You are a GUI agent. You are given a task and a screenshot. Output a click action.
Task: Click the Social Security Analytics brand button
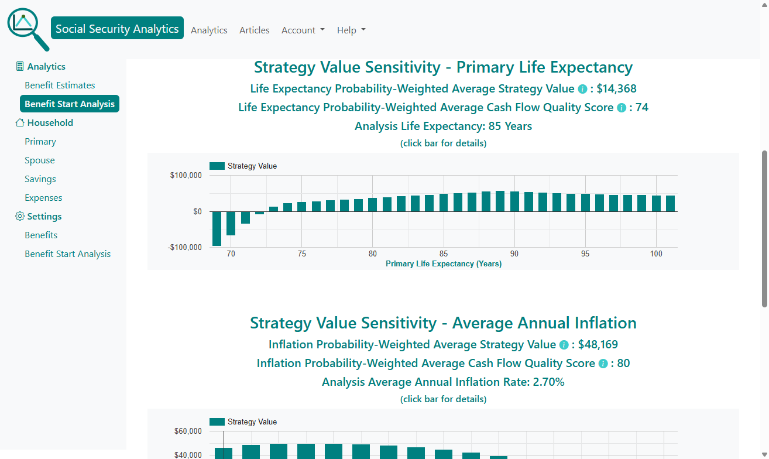click(x=117, y=29)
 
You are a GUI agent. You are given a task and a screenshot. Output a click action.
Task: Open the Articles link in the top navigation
click(x=255, y=30)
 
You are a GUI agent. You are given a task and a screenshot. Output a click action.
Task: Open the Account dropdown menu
click(x=303, y=30)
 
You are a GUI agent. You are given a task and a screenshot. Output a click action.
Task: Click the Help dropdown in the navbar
click(x=351, y=30)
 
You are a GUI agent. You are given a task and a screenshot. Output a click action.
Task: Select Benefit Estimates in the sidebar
click(x=60, y=85)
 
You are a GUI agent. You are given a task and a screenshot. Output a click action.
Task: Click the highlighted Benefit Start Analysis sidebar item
click(x=70, y=104)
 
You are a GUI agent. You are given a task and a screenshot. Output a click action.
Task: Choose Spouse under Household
click(x=40, y=160)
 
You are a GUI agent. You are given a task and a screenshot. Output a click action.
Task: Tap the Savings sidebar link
click(x=40, y=179)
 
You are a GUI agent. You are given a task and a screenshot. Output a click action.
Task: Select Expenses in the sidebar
click(x=43, y=198)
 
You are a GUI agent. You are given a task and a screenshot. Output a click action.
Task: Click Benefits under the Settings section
click(x=41, y=235)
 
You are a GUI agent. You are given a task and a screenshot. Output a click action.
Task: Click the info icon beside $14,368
click(x=582, y=90)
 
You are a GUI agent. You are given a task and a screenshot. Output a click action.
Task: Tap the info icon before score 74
click(x=622, y=108)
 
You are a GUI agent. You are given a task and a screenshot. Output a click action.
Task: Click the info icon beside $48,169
click(x=564, y=345)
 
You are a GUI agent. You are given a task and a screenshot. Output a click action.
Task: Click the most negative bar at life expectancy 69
click(x=217, y=228)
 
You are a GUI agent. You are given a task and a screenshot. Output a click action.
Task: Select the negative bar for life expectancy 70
click(x=231, y=223)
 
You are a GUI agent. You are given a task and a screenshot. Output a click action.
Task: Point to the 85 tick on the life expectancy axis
click(x=444, y=254)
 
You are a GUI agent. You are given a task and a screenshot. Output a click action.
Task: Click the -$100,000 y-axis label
click(x=184, y=247)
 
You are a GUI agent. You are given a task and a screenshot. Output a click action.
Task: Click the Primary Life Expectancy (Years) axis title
click(x=444, y=264)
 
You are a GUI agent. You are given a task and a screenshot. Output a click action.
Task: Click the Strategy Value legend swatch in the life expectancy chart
click(x=217, y=166)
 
